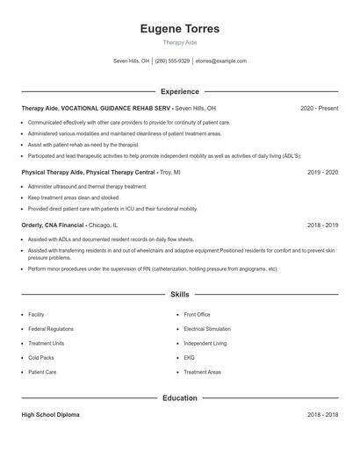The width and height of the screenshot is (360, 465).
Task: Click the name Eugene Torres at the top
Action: (x=179, y=29)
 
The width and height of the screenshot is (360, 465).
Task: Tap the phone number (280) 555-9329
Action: (x=172, y=61)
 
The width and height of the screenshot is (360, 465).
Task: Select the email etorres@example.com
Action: (x=220, y=61)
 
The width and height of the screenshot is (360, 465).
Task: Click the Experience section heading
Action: (x=179, y=91)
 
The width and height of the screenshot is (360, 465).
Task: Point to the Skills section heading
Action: (x=179, y=295)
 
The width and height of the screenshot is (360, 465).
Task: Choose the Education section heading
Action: (x=179, y=397)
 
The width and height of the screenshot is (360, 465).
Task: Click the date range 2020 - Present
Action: (x=319, y=108)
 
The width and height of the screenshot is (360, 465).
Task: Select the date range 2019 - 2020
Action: (x=322, y=173)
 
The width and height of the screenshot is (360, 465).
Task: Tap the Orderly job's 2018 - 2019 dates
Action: (x=322, y=225)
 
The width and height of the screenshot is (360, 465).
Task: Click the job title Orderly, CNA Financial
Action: (x=53, y=225)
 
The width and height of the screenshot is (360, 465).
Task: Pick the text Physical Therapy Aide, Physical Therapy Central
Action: (x=88, y=173)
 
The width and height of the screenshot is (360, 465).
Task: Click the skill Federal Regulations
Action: (x=51, y=329)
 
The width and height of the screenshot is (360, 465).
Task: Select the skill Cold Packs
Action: (x=41, y=358)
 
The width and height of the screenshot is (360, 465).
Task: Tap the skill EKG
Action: (x=189, y=358)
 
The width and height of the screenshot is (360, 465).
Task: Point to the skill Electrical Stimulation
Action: (x=206, y=329)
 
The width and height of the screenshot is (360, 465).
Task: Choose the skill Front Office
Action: (x=197, y=314)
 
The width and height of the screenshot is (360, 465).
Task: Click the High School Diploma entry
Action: (x=50, y=415)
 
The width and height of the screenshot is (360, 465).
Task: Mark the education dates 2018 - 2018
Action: (x=322, y=415)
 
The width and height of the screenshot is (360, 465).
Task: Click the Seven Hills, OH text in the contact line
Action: (x=132, y=61)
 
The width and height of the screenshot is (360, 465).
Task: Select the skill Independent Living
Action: (x=205, y=343)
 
